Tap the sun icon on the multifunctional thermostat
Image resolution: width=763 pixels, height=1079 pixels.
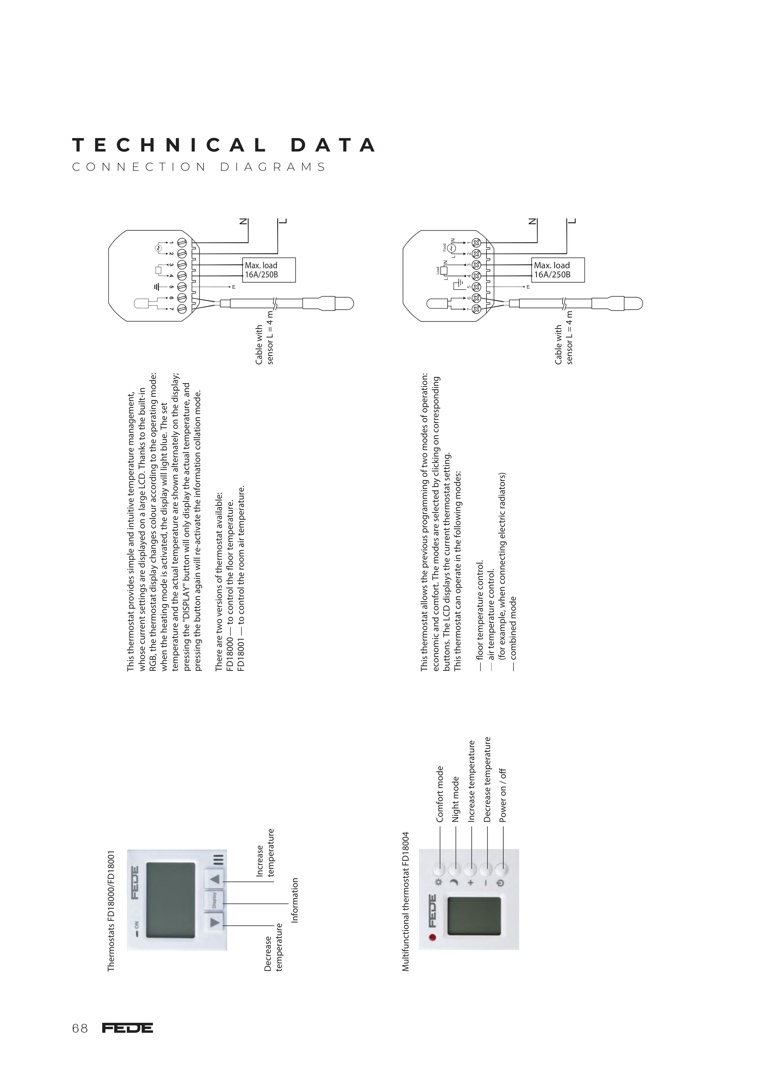(x=439, y=882)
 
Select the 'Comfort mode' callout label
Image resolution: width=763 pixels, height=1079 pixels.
(x=440, y=794)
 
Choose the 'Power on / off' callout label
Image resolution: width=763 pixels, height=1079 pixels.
(x=503, y=796)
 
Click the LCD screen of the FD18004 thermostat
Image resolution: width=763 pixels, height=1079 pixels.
(x=474, y=916)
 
